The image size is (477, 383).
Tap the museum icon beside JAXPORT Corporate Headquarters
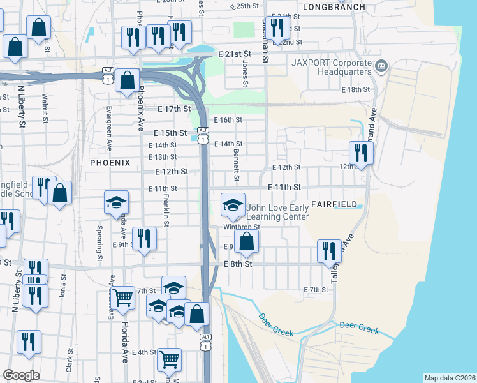click(381, 64)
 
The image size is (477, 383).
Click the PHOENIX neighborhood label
click(110, 163)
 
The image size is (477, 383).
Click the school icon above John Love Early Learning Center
click(233, 204)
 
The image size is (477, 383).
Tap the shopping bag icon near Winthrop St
click(246, 241)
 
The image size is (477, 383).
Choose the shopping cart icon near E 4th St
click(169, 359)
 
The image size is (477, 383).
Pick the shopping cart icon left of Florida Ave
click(122, 296)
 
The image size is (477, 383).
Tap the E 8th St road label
click(238, 264)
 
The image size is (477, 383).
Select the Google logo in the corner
click(22, 375)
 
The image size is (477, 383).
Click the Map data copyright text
click(449, 378)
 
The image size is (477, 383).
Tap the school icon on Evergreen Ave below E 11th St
click(116, 202)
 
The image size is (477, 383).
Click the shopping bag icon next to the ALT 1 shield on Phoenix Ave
click(128, 80)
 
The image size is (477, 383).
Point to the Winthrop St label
click(241, 227)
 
